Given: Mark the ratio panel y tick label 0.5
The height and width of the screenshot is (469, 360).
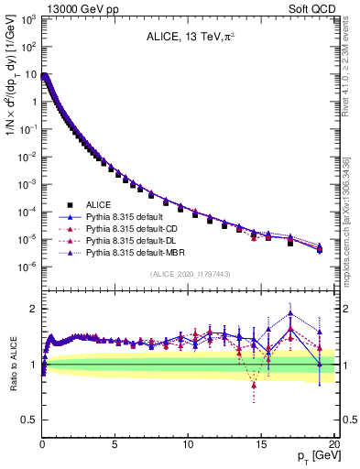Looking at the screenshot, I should (29, 420).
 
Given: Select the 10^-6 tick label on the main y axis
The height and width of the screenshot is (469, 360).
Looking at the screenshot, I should (29, 267).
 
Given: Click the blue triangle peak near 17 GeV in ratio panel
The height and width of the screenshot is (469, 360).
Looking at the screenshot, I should (290, 313).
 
